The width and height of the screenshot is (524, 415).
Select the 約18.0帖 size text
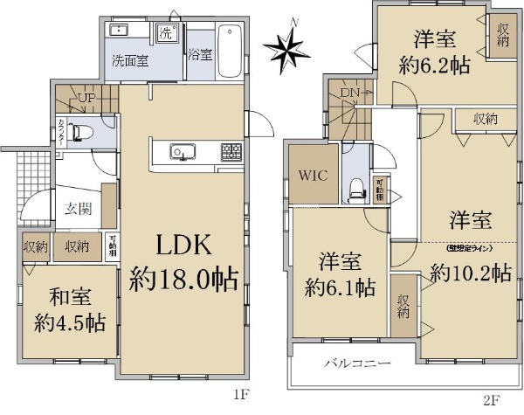[184, 280]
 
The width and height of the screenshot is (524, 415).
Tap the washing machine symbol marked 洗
[167, 33]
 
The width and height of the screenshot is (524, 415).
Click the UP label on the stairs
[86, 98]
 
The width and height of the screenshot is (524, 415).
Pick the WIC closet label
[314, 175]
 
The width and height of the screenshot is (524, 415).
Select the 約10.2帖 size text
[470, 273]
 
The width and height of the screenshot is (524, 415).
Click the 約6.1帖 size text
[341, 285]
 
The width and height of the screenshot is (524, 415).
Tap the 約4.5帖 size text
[70, 322]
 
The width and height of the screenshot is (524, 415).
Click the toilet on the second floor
[355, 187]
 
